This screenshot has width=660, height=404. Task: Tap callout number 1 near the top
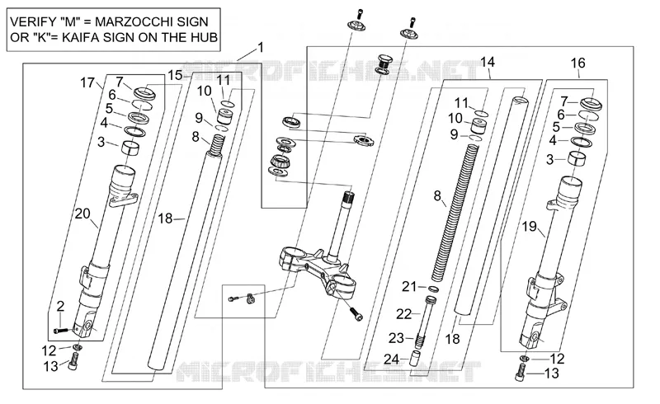[261, 47]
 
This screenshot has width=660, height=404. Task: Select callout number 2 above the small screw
[60, 307]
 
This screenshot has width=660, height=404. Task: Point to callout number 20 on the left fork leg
[82, 214]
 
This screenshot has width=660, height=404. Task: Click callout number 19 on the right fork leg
[529, 227]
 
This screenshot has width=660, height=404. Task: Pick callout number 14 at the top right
[488, 63]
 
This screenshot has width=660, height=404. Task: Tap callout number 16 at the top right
[578, 63]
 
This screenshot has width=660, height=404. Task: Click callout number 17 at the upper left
[87, 82]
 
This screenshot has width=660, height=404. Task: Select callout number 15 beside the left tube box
[175, 75]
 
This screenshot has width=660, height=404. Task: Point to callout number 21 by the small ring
[409, 287]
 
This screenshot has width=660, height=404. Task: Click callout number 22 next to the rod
[404, 314]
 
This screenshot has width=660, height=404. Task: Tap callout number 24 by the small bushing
[391, 359]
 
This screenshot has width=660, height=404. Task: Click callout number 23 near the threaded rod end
[396, 338]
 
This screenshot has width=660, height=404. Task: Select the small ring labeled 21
[434, 289]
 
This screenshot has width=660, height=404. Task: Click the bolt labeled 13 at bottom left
[73, 361]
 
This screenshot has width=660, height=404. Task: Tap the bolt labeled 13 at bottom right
[521, 373]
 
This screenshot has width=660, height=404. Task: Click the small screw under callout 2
[60, 331]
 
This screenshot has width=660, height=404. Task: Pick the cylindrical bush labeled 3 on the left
[130, 148]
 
